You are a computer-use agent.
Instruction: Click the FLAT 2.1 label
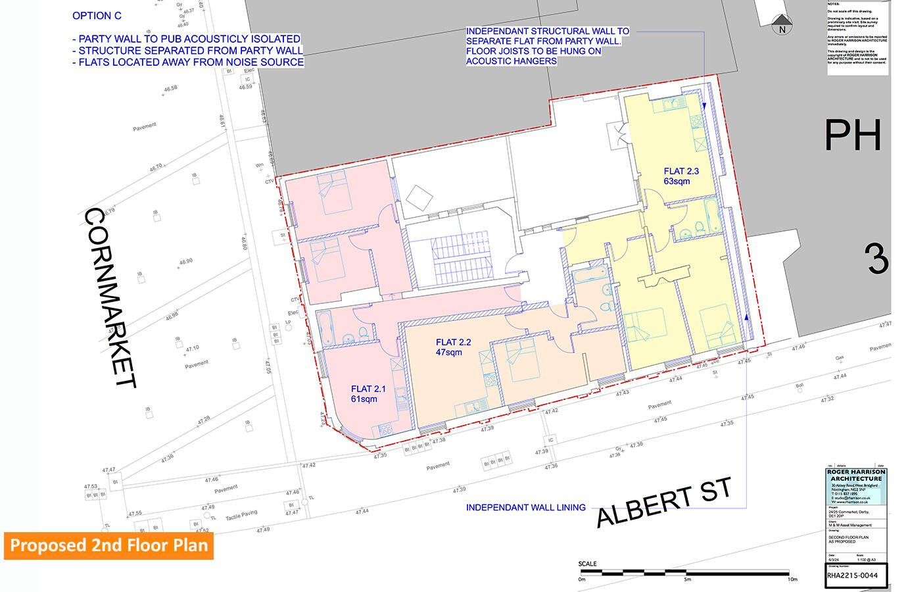click(368, 389)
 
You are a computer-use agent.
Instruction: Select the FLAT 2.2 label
click(453, 342)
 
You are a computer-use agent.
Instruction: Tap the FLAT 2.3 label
click(681, 171)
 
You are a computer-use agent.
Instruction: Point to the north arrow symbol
click(782, 24)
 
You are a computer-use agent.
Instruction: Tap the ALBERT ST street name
click(663, 503)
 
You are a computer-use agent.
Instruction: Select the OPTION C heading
click(97, 16)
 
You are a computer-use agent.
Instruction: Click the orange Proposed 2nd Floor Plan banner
click(108, 545)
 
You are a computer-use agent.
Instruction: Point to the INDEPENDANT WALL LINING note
click(525, 507)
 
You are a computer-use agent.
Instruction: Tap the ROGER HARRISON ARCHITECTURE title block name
click(856, 475)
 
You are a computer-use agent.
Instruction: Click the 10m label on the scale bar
click(792, 580)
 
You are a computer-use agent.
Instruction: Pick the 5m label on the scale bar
click(687, 580)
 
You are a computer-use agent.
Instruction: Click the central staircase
click(460, 256)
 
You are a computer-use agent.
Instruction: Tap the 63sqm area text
click(677, 181)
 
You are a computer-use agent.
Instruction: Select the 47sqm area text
click(448, 352)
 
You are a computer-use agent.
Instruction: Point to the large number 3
click(877, 259)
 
